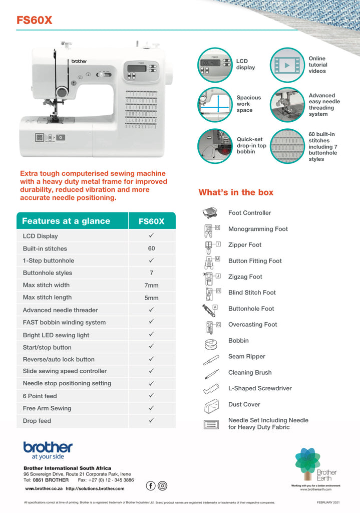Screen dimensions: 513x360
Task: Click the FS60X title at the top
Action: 34,20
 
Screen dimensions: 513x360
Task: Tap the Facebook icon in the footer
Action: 150,485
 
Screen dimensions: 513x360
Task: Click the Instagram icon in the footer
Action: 162,485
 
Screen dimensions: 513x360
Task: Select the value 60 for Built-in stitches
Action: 151,248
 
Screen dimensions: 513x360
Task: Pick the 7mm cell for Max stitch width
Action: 151,286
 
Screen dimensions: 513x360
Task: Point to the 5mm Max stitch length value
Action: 151,298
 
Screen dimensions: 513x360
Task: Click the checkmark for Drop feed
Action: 151,420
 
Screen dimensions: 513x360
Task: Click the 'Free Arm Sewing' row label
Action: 47,408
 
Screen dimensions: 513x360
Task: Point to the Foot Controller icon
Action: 209,213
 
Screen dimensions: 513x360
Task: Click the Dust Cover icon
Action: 209,405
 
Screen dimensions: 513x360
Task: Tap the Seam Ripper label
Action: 247,357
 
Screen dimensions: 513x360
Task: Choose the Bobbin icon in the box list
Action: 209,343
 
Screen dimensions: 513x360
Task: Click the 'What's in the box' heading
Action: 236,192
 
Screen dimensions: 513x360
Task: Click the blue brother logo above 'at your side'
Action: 48,447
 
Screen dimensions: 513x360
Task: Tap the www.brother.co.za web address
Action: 44,488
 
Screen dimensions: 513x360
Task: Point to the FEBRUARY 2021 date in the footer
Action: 328,502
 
